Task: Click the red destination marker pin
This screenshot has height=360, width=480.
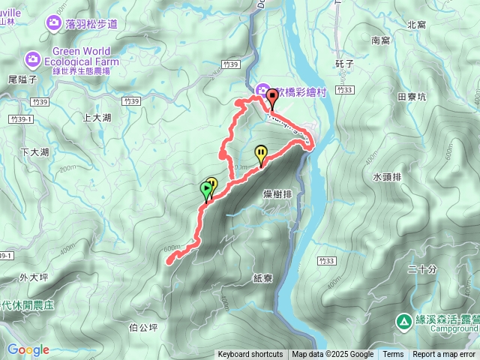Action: [271, 95]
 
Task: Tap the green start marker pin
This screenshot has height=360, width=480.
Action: [206, 190]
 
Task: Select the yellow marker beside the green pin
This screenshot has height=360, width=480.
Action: [212, 184]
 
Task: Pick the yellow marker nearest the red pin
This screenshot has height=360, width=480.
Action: [261, 154]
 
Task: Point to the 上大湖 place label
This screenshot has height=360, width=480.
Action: [97, 118]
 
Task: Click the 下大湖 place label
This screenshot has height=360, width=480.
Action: [35, 152]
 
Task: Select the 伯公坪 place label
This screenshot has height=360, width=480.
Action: [143, 327]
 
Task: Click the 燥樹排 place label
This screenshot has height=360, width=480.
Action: [277, 194]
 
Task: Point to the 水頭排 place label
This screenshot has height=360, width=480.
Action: [387, 177]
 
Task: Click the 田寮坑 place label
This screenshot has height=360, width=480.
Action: [412, 97]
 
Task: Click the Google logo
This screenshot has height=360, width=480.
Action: [28, 349]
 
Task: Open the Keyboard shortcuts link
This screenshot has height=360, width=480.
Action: [250, 355]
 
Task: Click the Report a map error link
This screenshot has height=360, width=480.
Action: [445, 355]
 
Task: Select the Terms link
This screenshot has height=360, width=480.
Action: [393, 355]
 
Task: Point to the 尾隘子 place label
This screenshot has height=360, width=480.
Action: [22, 79]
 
